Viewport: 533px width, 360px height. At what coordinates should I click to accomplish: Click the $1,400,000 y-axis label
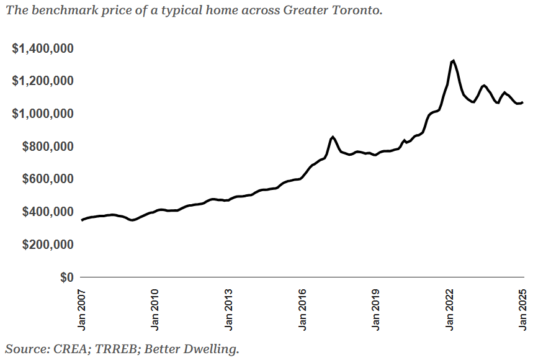(43, 48)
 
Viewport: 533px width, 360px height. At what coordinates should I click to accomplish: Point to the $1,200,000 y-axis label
(43, 81)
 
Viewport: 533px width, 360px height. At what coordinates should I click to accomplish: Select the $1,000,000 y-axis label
(43, 114)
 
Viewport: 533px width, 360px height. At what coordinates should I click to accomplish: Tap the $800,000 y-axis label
(48, 146)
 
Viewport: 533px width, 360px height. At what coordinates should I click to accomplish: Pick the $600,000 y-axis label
(48, 179)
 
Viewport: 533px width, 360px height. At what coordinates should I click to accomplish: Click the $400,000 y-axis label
(48, 212)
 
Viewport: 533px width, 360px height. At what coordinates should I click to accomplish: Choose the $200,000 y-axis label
(48, 245)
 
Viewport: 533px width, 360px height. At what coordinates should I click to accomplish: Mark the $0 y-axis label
(66, 277)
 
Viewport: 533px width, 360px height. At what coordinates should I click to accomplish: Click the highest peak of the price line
(454, 61)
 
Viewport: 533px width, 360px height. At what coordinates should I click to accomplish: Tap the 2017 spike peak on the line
(333, 137)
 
